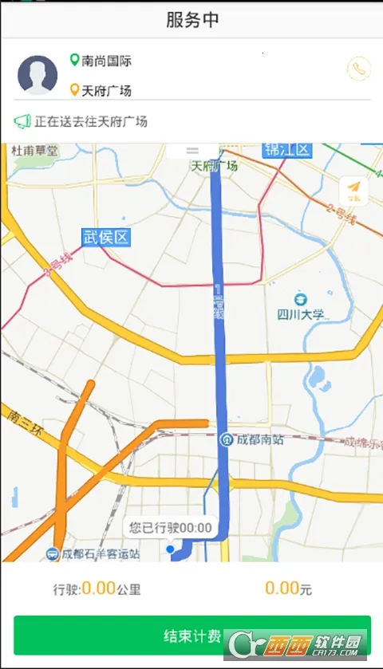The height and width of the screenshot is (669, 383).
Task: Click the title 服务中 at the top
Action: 191,20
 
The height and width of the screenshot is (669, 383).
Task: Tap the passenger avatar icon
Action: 38,75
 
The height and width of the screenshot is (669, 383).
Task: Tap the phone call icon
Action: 359,69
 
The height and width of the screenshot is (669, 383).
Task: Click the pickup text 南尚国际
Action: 107,61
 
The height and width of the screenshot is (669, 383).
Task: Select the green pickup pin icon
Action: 75,60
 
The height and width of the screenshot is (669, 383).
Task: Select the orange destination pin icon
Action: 75,90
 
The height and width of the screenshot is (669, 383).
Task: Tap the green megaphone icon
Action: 22,122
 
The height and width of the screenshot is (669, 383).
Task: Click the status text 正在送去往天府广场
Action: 91,122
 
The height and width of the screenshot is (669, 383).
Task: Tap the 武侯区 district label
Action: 105,237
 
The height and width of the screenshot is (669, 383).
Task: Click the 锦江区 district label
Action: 287,150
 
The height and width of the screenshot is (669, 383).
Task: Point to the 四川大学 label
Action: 301,314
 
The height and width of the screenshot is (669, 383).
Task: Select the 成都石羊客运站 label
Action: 100,553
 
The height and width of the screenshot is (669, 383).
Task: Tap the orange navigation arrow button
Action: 353,190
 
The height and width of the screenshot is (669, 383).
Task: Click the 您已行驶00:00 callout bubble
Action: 171,527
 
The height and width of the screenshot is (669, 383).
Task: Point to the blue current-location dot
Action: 170,549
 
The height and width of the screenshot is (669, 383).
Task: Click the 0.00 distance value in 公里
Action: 99,588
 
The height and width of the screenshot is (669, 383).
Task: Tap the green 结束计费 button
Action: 191,635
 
